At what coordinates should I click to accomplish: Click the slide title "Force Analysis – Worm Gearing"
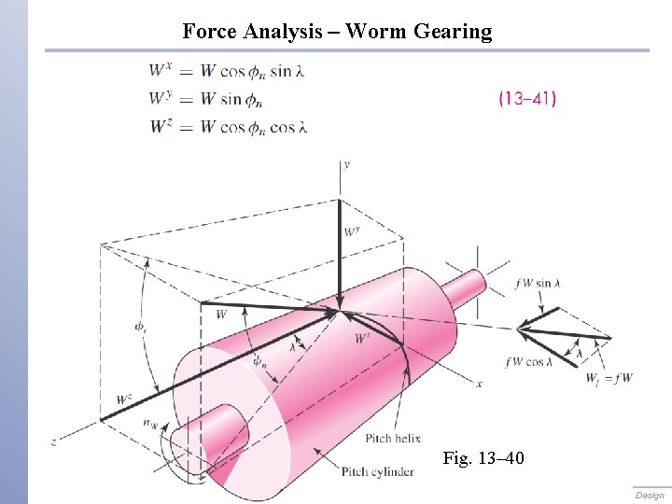pyautogui.click(x=337, y=32)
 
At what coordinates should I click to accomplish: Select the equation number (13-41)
pyautogui.click(x=527, y=97)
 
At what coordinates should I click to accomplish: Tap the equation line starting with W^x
pyautogui.click(x=228, y=70)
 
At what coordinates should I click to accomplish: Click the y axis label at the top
pyautogui.click(x=346, y=164)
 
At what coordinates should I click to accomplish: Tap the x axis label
pyautogui.click(x=479, y=384)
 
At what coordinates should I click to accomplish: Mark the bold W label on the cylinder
pyautogui.click(x=221, y=315)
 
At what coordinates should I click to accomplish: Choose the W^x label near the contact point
pyautogui.click(x=362, y=339)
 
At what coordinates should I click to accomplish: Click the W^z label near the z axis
pyautogui.click(x=124, y=399)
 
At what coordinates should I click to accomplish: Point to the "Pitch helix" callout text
pyautogui.click(x=393, y=439)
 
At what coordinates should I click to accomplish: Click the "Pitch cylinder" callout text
pyautogui.click(x=377, y=472)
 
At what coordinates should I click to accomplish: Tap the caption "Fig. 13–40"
pyautogui.click(x=483, y=458)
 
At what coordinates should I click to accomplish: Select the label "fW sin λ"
pyautogui.click(x=538, y=284)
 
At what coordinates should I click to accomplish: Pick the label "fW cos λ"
pyautogui.click(x=528, y=362)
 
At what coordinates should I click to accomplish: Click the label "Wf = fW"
pyautogui.click(x=609, y=378)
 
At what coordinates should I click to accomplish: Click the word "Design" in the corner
pyautogui.click(x=650, y=496)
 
